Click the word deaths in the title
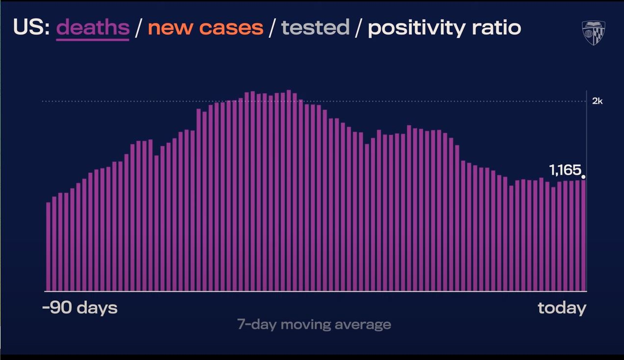(93, 27)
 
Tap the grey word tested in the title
(315, 27)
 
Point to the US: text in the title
(31, 27)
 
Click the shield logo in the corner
(593, 33)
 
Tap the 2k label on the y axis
(597, 101)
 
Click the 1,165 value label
(565, 170)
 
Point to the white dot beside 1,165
(583, 177)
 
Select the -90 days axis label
(80, 308)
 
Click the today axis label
(562, 308)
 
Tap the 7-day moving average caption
(314, 324)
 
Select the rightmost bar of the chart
(583, 235)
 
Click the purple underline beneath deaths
(93, 39)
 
